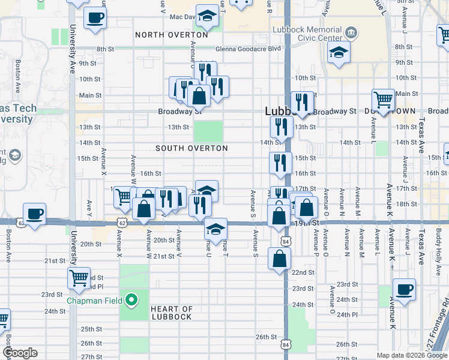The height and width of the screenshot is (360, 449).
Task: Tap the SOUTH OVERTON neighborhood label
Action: point(191,148)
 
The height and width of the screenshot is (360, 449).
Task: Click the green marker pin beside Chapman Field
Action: point(129,299)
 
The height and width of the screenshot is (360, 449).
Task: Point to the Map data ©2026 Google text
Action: point(411,355)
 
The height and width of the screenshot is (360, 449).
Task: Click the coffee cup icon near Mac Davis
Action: point(95,17)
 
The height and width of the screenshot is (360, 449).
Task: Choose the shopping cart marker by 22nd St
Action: point(79,277)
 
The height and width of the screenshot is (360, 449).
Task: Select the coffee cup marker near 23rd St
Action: point(404,289)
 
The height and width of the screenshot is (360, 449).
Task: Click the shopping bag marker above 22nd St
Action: point(280,259)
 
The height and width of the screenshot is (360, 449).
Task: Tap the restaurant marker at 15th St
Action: point(280,163)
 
